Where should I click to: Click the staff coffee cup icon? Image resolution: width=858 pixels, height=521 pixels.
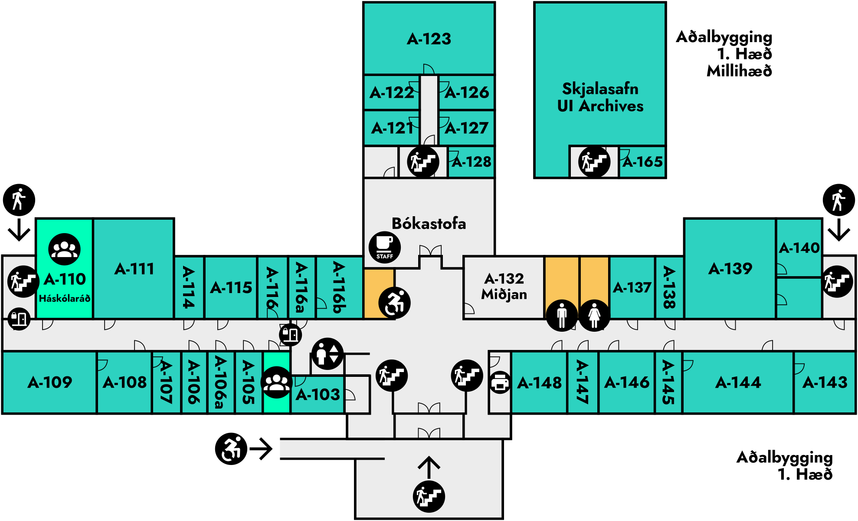pos(384,247)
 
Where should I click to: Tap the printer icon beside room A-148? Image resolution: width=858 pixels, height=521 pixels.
pos(500,383)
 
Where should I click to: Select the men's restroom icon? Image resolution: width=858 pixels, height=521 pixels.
pos(562,315)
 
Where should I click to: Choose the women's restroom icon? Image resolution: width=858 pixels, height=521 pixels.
pos(594,315)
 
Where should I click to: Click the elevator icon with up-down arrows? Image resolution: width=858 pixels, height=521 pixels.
pos(327,354)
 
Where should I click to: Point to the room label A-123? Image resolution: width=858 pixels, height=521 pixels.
pos(429,39)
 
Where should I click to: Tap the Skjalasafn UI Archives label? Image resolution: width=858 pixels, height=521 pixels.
pos(600,97)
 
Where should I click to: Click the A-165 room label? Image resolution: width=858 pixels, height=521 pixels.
pos(643,162)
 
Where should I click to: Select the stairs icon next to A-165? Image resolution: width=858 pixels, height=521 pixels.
pos(594,162)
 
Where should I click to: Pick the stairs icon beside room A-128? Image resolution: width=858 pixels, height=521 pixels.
pos(423,162)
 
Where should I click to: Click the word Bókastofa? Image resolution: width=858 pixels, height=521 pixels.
pos(429,224)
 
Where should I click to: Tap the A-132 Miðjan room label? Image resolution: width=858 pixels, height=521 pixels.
pos(504,287)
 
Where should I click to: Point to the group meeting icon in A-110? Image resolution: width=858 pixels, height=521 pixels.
pos(64,249)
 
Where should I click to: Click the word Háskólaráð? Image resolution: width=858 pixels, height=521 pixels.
pos(65,298)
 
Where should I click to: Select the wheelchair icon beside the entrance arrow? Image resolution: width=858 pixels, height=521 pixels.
pos(231,448)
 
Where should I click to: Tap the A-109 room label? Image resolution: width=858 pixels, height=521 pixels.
pos(50,383)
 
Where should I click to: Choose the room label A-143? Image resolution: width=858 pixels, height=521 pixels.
pos(825,383)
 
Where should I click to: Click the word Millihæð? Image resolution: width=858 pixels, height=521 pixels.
pos(739,71)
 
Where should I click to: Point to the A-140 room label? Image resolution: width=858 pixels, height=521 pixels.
pos(799,248)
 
